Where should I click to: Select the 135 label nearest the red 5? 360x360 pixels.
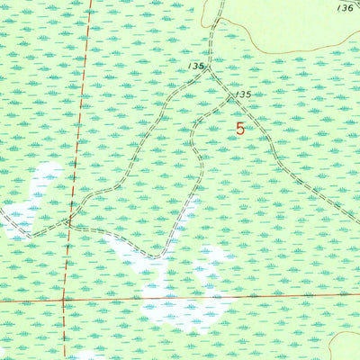click(240, 94)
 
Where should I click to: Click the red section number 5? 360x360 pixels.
click(240, 129)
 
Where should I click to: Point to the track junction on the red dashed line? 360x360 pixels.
click(69, 220)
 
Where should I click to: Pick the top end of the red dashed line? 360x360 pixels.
click(92, 2)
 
